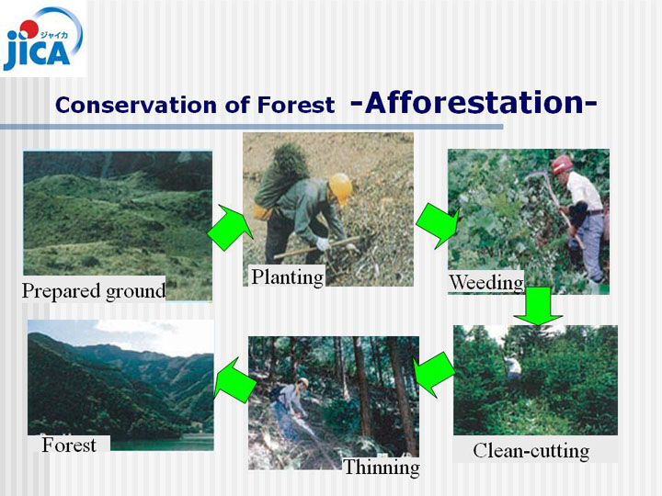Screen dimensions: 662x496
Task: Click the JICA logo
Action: click(42, 39)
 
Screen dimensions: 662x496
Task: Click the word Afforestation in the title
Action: click(474, 103)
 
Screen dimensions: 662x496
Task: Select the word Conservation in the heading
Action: click(137, 105)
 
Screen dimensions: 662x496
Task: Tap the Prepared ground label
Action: click(93, 291)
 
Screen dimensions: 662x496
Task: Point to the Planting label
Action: click(288, 277)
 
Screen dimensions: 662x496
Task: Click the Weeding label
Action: click(486, 283)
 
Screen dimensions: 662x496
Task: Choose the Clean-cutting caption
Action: click(531, 451)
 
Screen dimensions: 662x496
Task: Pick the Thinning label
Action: click(382, 468)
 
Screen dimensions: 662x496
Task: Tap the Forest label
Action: click(69, 445)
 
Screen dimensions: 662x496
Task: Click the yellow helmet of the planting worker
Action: click(340, 187)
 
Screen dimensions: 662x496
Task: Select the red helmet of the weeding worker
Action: click(562, 164)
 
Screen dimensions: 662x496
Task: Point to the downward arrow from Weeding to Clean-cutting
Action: click(538, 306)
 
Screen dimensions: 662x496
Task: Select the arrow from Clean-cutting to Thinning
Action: click(434, 374)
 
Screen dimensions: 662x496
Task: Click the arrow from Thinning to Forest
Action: click(235, 380)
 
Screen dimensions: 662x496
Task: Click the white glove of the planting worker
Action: click(323, 244)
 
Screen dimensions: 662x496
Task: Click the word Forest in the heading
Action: click(296, 105)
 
